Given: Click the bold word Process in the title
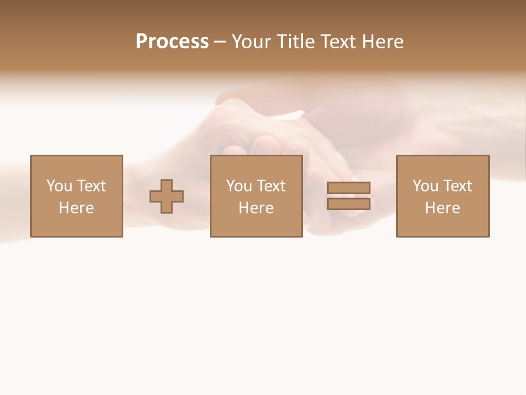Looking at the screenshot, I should [172, 42].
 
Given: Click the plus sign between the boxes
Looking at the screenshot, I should [167, 196].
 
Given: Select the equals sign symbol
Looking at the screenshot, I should [348, 196].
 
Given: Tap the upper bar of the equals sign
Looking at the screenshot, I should [348, 188].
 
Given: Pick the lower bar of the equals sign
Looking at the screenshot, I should [348, 204].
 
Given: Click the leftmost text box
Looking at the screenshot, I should [77, 196].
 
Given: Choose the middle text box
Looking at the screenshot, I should [256, 196].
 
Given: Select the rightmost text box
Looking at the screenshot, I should [443, 196].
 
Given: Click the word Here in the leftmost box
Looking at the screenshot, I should [76, 208].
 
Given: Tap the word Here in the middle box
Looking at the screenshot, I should [256, 208].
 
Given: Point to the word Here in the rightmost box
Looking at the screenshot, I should [442, 208].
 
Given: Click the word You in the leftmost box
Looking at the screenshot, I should [59, 186].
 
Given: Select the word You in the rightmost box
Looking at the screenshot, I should [425, 186].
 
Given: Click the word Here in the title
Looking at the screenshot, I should [383, 42].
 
